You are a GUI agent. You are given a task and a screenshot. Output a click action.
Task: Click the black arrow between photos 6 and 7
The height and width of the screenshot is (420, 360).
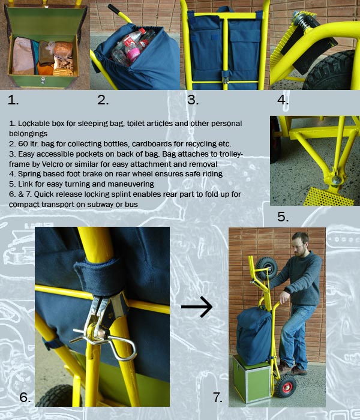[197, 307]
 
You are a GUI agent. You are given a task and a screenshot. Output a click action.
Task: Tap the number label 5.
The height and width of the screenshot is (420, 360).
[283, 217]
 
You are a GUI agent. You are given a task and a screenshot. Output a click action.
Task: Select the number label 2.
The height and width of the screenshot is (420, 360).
[103, 100]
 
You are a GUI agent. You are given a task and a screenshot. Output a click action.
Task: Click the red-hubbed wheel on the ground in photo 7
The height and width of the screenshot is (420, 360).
[287, 386]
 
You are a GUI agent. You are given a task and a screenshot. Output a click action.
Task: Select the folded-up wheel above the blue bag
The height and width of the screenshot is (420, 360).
[266, 268]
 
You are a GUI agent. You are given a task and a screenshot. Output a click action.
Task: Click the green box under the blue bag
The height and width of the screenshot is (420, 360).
[252, 379]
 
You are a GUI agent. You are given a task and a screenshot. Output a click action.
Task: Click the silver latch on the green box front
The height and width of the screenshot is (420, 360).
[43, 80]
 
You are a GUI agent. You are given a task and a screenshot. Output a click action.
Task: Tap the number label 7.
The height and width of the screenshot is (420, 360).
[217, 397]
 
